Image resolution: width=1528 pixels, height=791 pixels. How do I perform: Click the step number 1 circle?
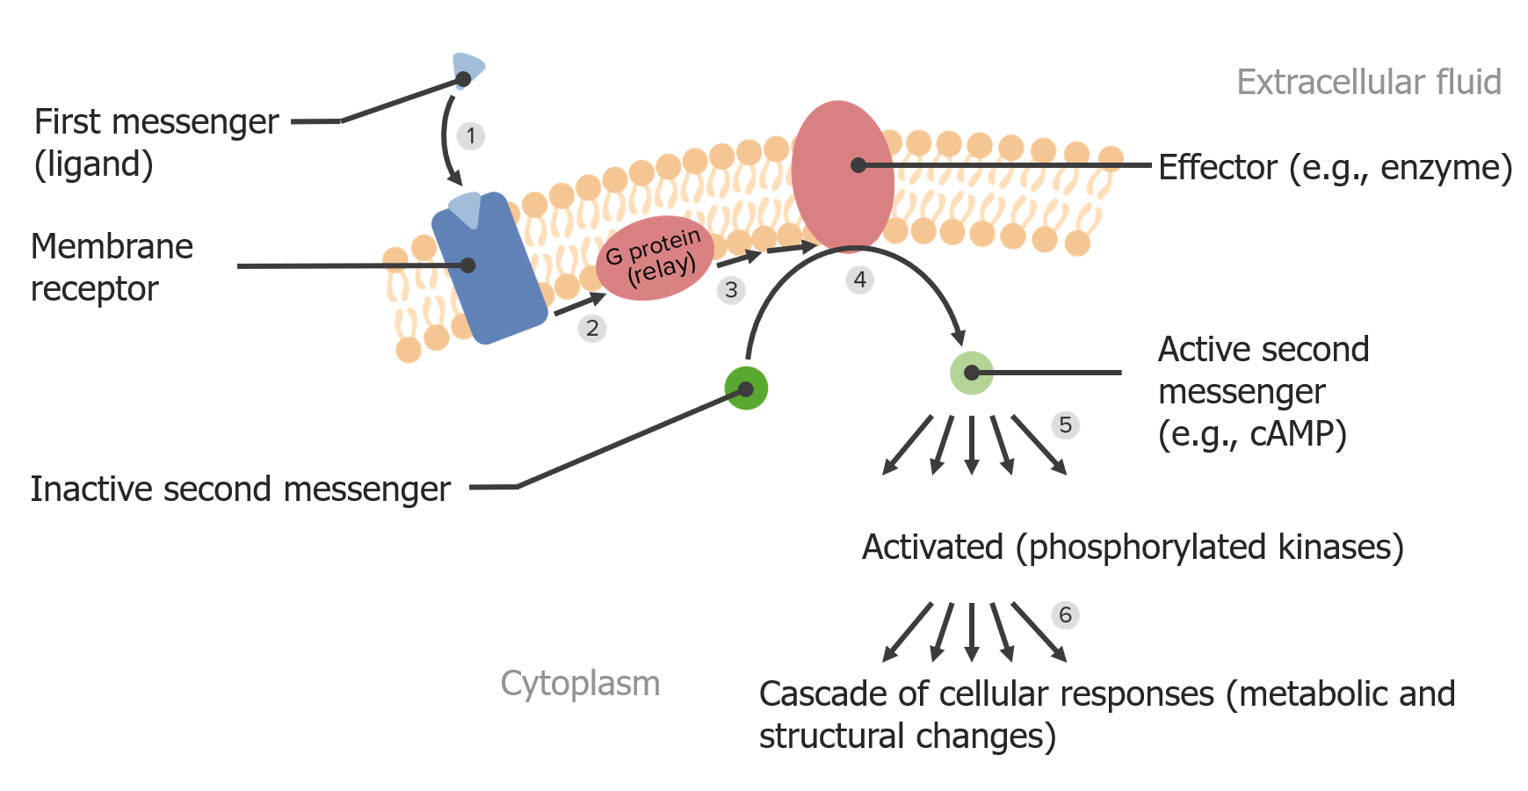click(x=471, y=136)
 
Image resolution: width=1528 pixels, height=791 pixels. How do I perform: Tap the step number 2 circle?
click(x=592, y=329)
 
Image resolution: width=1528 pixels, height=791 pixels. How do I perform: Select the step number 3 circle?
click(x=731, y=290)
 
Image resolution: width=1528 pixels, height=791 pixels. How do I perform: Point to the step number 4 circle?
click(x=859, y=279)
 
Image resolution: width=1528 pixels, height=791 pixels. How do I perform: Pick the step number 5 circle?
click(x=1065, y=425)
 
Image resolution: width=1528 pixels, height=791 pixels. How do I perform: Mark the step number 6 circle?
click(x=1065, y=615)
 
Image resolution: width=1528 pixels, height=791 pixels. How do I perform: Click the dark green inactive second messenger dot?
click(x=746, y=388)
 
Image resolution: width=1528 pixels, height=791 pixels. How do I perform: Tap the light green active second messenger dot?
click(x=971, y=373)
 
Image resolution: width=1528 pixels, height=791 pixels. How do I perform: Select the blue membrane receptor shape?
click(x=489, y=272)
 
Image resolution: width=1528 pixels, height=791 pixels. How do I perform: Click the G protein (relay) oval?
click(x=655, y=258)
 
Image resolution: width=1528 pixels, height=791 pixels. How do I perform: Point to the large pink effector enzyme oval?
click(x=842, y=176)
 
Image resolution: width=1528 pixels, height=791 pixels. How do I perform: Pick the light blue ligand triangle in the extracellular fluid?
click(x=467, y=68)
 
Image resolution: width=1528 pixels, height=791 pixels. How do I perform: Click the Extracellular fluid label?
click(x=1368, y=83)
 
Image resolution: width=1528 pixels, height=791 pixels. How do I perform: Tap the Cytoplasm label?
click(x=580, y=684)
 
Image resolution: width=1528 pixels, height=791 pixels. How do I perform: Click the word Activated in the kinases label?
click(x=932, y=548)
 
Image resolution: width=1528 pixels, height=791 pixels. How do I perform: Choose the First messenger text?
click(x=156, y=122)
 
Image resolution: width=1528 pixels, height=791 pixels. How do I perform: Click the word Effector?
click(x=1217, y=167)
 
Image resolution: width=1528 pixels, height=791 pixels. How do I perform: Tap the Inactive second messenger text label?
click(x=240, y=490)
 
